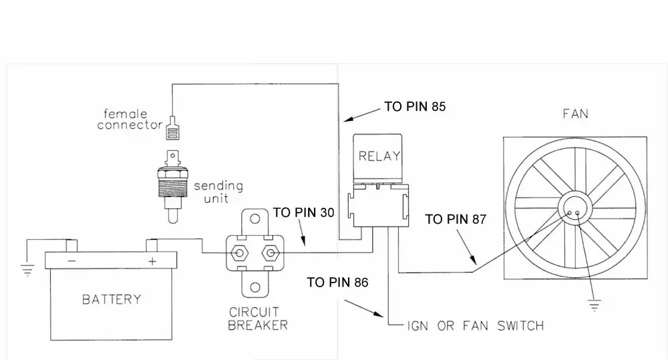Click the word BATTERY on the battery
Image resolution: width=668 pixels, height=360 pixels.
pos(112,299)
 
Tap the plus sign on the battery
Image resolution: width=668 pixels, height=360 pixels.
pos(152,261)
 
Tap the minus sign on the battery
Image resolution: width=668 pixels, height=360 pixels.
pos(71,261)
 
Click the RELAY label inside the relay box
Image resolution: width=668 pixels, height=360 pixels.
pos(379,156)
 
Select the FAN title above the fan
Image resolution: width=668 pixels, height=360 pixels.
pos(576,114)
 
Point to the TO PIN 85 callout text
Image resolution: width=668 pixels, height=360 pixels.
pos(415,106)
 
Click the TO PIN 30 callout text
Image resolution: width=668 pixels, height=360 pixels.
pos(303,212)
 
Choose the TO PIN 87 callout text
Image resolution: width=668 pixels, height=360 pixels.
pos(456,219)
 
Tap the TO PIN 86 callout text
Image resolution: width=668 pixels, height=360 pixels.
pos(337,282)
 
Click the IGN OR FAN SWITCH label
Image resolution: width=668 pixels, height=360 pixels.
pos(476,326)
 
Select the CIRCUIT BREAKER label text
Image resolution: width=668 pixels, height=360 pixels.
pos(258,319)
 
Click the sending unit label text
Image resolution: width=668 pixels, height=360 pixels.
pos(218,192)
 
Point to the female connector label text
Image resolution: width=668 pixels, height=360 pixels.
pos(130,120)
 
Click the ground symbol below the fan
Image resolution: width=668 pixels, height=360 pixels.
pos(594,305)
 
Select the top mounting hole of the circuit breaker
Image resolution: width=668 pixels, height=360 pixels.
pos(255,219)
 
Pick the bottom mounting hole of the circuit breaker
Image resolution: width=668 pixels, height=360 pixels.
pos(255,287)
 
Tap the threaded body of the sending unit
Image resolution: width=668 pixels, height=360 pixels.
pos(172,188)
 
